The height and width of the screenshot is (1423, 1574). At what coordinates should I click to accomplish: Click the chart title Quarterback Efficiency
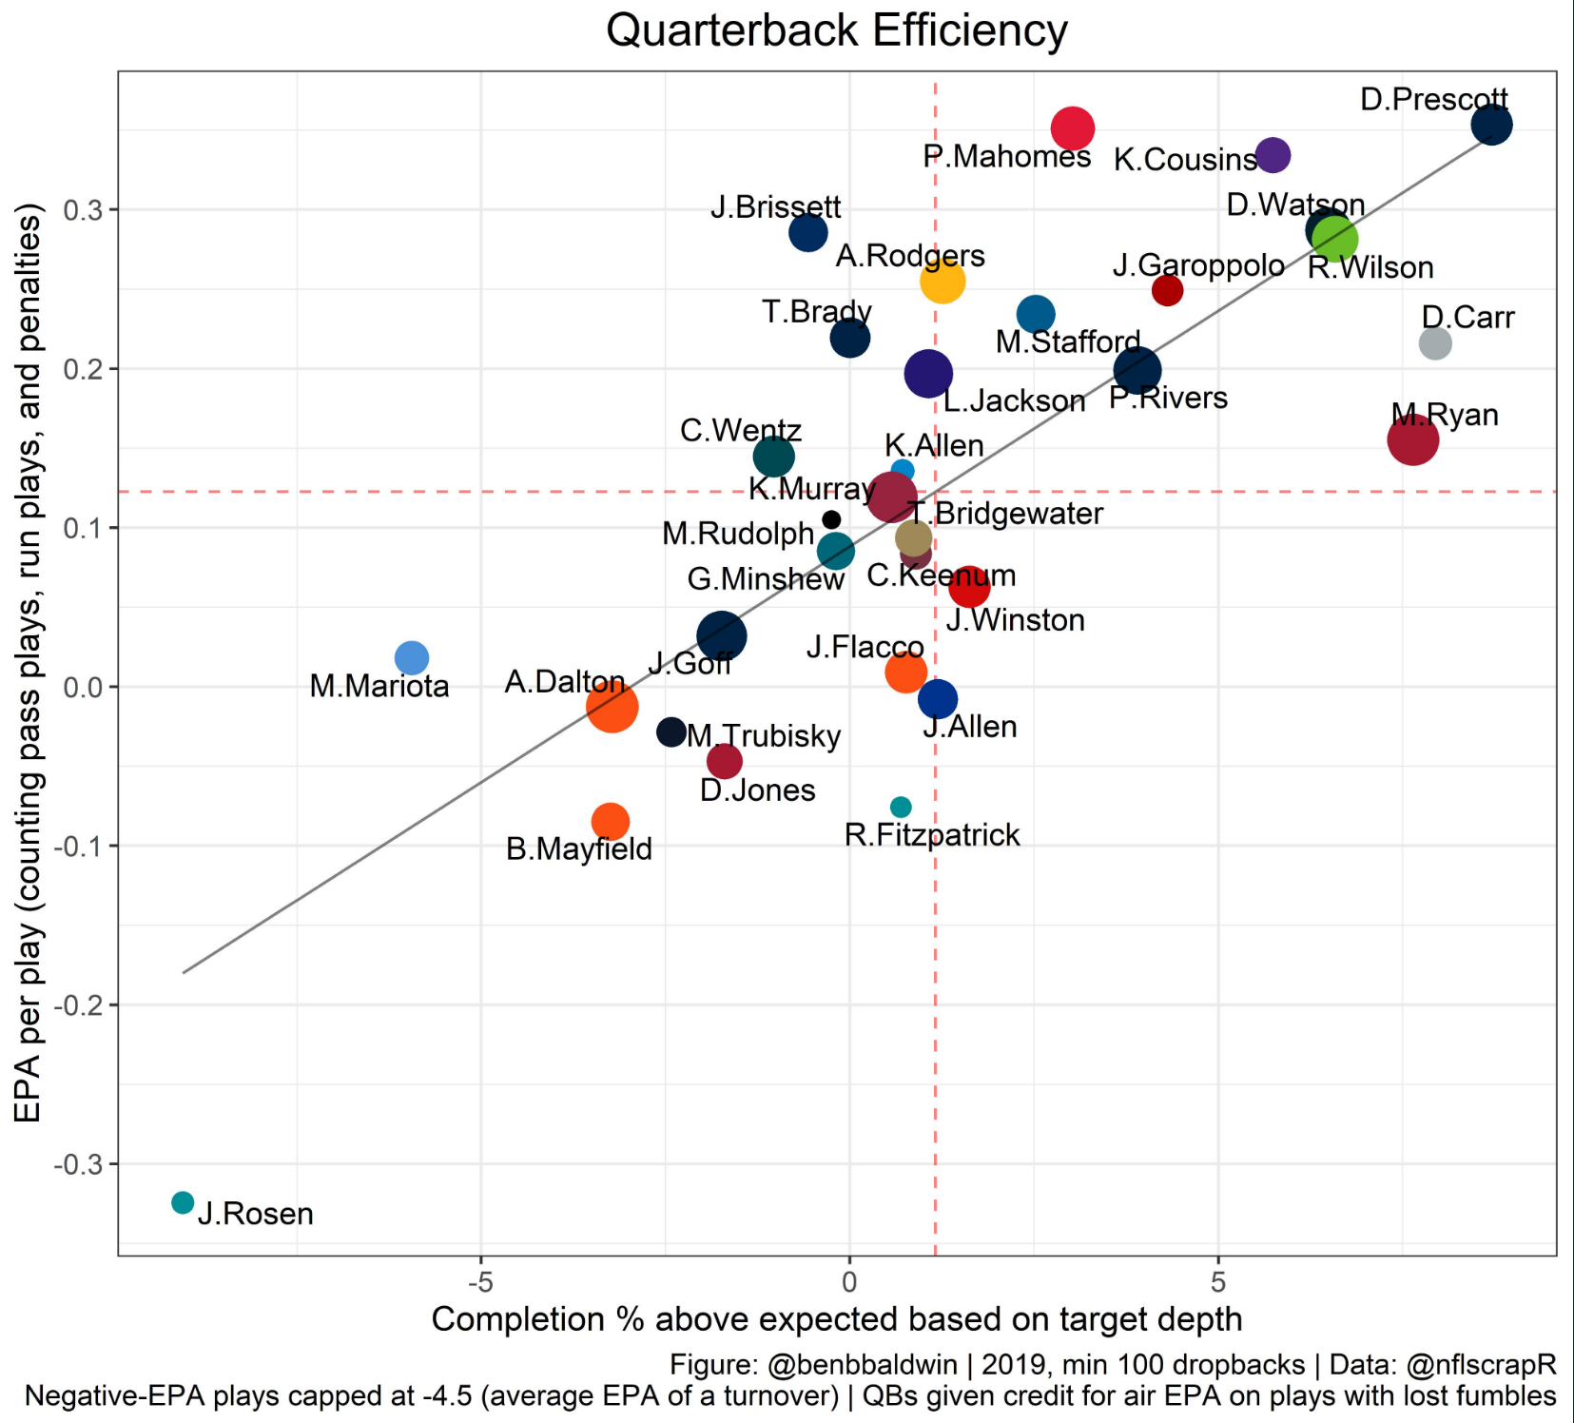click(x=836, y=30)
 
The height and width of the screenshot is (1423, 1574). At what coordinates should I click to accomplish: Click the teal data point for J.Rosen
click(x=183, y=1202)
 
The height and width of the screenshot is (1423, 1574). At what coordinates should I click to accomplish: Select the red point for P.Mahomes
click(x=1073, y=128)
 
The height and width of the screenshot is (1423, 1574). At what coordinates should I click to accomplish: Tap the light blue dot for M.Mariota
click(x=412, y=657)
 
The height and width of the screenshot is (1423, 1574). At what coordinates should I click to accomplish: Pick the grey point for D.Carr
click(x=1435, y=343)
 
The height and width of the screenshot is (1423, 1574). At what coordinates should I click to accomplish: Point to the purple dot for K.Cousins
click(x=1273, y=155)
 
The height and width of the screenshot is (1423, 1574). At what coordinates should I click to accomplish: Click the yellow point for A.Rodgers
click(x=942, y=281)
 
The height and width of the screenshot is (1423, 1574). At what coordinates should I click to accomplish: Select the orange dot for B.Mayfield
click(x=610, y=821)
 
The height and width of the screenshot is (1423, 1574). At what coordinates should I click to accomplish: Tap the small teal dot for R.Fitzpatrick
click(x=901, y=807)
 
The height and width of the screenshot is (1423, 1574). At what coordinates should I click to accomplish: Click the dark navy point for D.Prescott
click(x=1491, y=125)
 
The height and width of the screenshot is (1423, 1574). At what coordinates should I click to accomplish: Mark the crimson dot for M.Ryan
click(x=1412, y=439)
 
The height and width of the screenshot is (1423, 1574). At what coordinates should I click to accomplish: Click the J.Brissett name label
click(x=775, y=206)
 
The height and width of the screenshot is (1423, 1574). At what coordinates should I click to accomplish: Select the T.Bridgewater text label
click(x=1005, y=514)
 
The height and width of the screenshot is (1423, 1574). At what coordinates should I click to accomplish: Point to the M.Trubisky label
click(x=765, y=736)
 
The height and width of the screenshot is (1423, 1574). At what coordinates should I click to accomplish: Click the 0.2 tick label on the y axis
click(x=83, y=369)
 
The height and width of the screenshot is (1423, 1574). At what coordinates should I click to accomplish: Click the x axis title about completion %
click(x=837, y=1319)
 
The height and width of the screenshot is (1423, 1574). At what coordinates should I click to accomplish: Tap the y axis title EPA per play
click(x=29, y=662)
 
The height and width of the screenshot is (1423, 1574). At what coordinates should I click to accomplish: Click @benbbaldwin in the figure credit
click(x=862, y=1365)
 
